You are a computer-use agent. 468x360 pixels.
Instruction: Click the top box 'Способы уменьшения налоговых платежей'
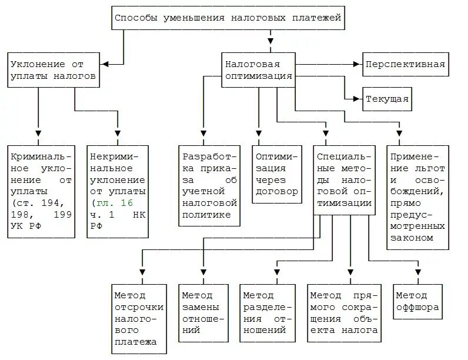click(228, 18)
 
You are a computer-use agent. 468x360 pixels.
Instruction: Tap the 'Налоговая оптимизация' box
click(258, 69)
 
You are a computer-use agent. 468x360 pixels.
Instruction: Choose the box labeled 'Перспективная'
click(405, 64)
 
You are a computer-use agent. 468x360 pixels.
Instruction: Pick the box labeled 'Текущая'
click(386, 98)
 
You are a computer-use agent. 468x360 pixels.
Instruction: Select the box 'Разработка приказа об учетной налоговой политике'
click(209, 186)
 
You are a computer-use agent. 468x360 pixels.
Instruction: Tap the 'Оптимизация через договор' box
click(276, 174)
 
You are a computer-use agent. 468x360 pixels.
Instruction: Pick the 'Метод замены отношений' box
click(202, 312)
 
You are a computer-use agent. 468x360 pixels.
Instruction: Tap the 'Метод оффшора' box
click(419, 301)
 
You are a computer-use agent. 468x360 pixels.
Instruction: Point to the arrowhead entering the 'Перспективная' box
click(357, 64)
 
